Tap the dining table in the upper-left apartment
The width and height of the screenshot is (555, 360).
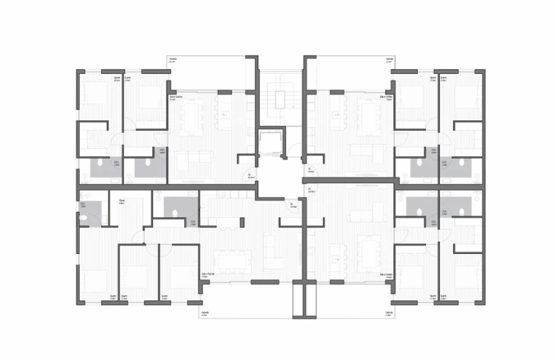point(190,117)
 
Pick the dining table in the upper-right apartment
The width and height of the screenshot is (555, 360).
point(369,117)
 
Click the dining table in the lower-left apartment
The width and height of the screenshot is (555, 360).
point(233,260)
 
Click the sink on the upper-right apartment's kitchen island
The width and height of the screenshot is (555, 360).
point(335,114)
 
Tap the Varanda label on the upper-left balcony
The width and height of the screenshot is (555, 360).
point(173,59)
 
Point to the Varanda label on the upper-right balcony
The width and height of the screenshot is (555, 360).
point(389,59)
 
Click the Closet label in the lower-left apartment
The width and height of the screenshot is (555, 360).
point(122,201)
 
